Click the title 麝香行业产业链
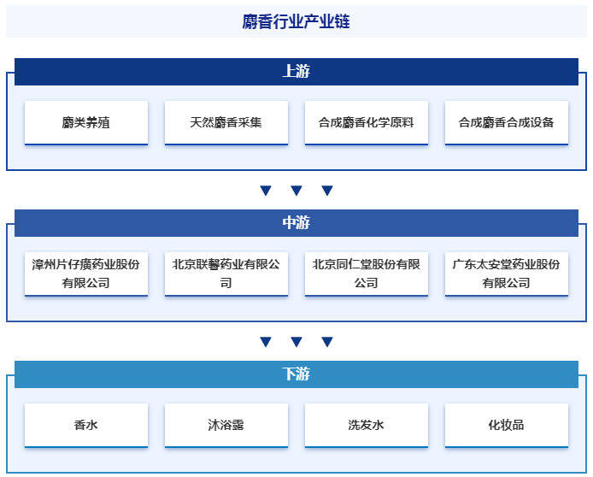pyautogui.click(x=296, y=21)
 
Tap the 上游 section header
pyautogui.click(x=296, y=72)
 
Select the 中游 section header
pyautogui.click(x=296, y=223)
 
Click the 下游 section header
pyautogui.click(x=296, y=374)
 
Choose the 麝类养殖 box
pyautogui.click(x=86, y=122)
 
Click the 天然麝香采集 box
pyautogui.click(x=226, y=122)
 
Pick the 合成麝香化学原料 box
pyautogui.click(x=367, y=122)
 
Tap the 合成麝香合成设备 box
pyautogui.click(x=507, y=122)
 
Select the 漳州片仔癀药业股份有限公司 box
pyautogui.click(x=86, y=274)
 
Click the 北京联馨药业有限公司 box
pyautogui.click(x=226, y=274)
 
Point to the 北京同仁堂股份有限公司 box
pyautogui.click(x=367, y=274)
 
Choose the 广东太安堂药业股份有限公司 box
pyautogui.click(x=507, y=274)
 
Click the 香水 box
pyautogui.click(x=86, y=425)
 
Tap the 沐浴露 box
pyautogui.click(x=226, y=425)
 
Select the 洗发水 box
pyautogui.click(x=367, y=425)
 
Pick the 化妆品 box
pyautogui.click(x=507, y=425)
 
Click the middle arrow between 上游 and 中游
pyautogui.click(x=296, y=190)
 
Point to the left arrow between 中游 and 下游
pyautogui.click(x=266, y=341)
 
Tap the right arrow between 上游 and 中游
pyautogui.click(x=327, y=190)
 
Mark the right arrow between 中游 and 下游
pyautogui.click(x=327, y=341)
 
